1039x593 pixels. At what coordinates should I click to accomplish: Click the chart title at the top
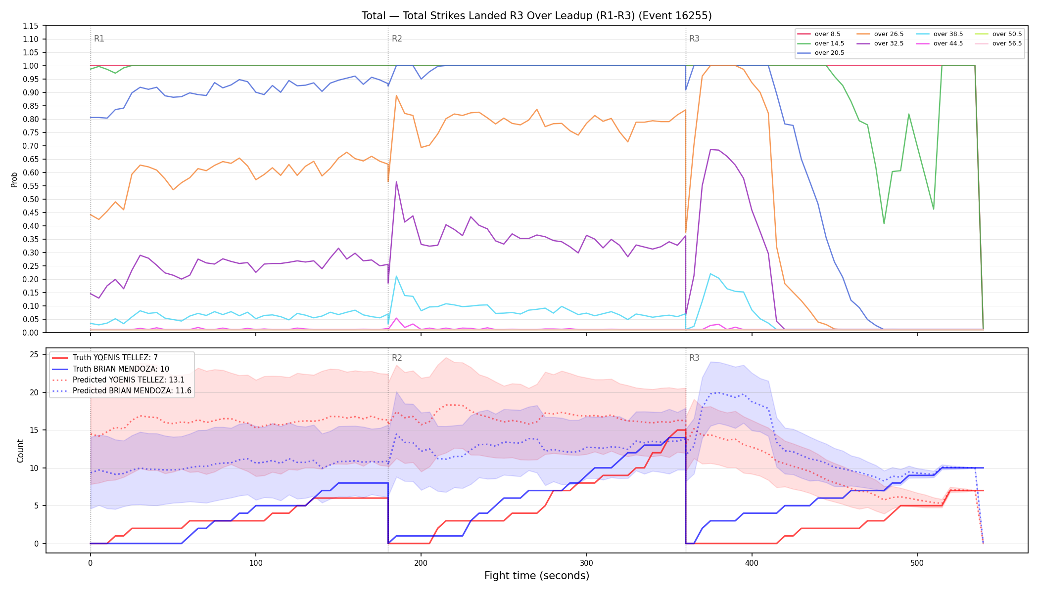pyautogui.click(x=536, y=16)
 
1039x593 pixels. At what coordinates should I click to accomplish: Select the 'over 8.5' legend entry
pyautogui.click(x=819, y=34)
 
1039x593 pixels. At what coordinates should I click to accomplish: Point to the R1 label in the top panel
pyautogui.click(x=99, y=39)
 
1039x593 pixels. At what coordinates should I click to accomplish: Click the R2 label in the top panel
pyautogui.click(x=397, y=39)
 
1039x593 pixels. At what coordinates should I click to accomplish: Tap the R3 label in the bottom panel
pyautogui.click(x=694, y=358)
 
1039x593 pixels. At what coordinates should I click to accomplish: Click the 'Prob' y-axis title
pyautogui.click(x=14, y=179)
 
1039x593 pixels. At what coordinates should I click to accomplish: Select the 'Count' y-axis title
pyautogui.click(x=20, y=451)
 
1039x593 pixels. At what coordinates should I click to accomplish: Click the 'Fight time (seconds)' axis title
pyautogui.click(x=537, y=576)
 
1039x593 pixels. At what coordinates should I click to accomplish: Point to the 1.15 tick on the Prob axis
pyautogui.click(x=31, y=26)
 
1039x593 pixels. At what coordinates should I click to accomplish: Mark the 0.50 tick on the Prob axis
pyautogui.click(x=31, y=199)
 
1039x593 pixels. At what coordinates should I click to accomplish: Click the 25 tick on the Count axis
pyautogui.click(x=34, y=354)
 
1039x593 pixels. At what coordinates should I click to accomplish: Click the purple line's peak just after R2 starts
pyautogui.click(x=396, y=181)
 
